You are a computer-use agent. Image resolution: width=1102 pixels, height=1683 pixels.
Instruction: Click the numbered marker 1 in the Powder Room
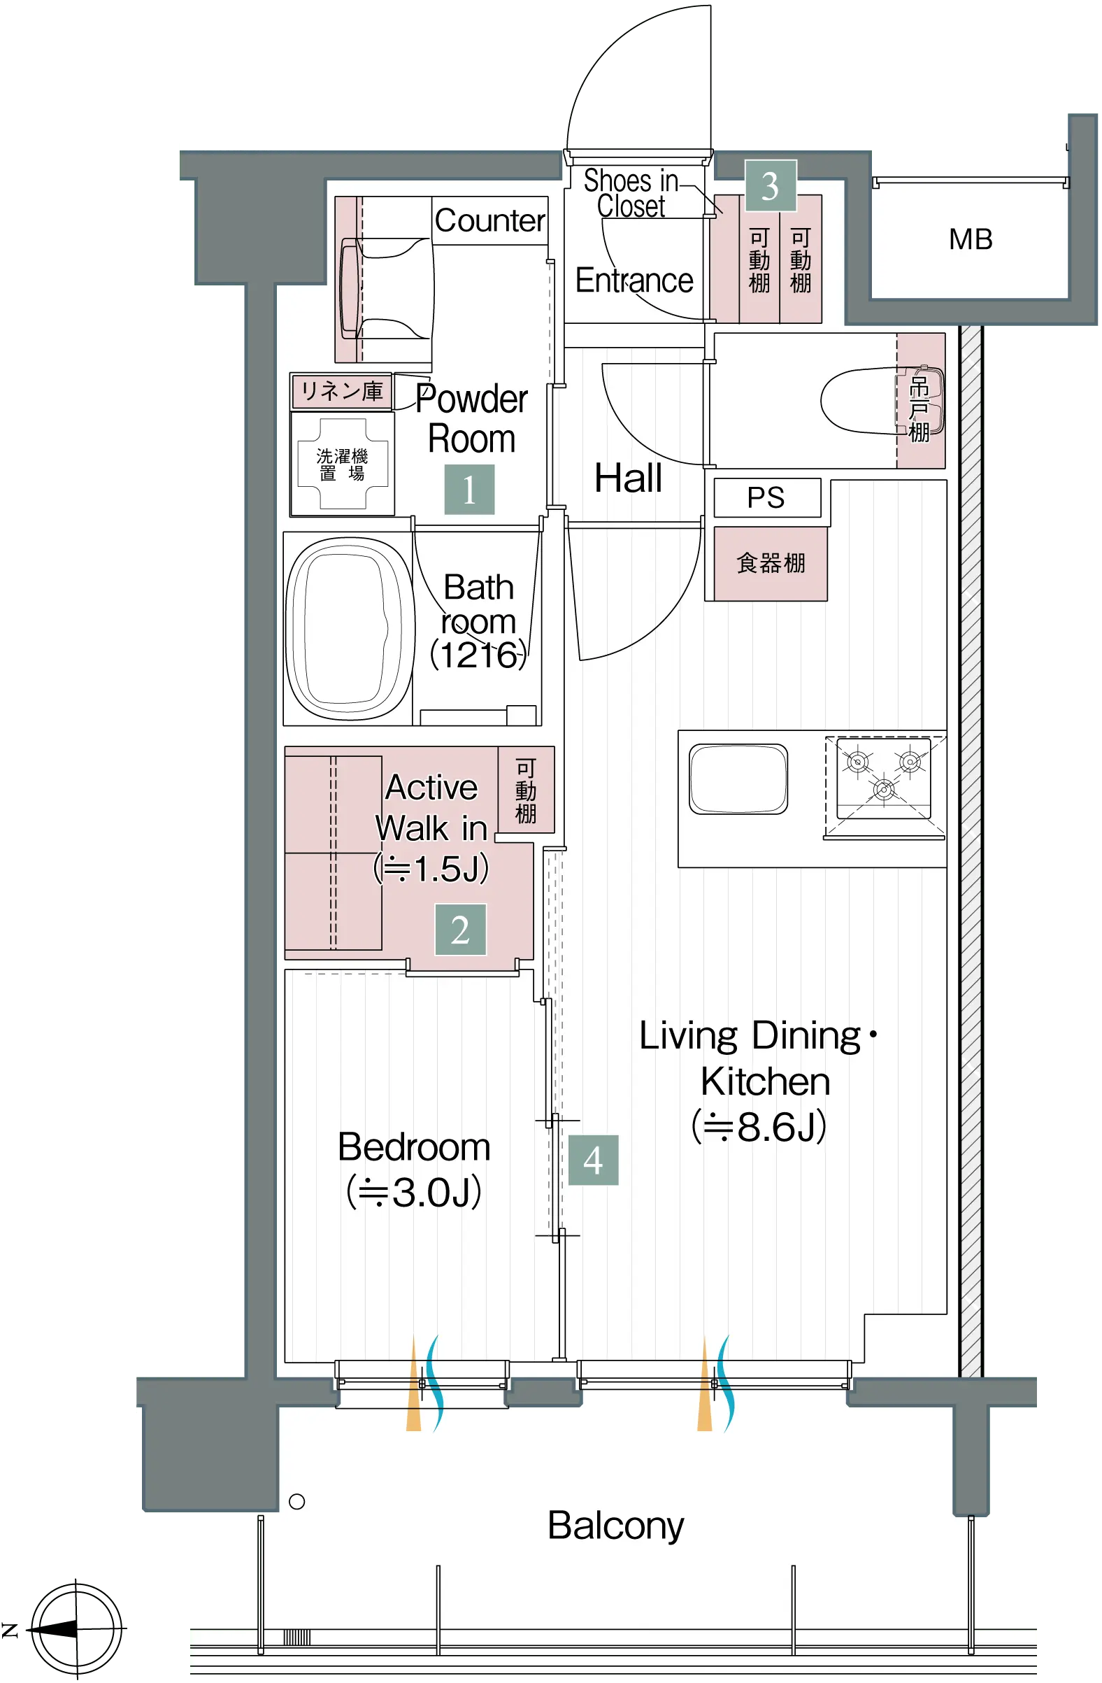469,489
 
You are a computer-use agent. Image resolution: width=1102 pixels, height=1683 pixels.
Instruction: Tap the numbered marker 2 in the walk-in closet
460,929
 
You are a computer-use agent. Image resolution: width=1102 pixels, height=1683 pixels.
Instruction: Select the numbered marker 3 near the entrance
770,186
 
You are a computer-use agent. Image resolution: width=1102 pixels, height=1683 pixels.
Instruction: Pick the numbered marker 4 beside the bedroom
593,1160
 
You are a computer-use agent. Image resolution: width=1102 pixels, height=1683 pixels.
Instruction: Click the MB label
971,240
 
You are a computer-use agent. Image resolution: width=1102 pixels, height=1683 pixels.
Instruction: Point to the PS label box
767,498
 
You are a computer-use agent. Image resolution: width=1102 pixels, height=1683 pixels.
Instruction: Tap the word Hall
629,478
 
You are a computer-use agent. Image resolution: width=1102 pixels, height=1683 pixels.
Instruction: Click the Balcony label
615,1526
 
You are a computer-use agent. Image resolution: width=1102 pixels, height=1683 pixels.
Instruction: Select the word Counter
490,220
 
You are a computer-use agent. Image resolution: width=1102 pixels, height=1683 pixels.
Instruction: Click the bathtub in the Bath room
350,628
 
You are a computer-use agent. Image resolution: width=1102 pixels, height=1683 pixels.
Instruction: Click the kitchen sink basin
738,779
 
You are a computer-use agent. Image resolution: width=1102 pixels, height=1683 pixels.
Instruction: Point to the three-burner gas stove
884,778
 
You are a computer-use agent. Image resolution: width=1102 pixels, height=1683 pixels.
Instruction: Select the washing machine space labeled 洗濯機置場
343,464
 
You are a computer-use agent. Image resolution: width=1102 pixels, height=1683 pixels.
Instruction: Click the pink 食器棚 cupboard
771,564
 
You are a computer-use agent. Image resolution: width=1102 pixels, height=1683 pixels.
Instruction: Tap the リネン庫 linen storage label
341,390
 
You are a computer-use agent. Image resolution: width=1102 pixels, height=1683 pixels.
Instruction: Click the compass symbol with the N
76,1629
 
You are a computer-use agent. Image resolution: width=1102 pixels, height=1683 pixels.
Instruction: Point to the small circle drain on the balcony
297,1501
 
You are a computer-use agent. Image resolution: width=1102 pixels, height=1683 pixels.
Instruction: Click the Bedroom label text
414,1147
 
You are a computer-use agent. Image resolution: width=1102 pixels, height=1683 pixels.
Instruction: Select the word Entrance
634,280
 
